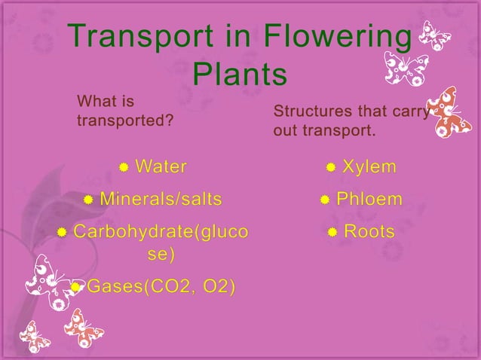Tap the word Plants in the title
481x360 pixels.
click(240, 75)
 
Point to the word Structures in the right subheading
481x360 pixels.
click(310, 111)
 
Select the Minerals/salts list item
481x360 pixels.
click(161, 200)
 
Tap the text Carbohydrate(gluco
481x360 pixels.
click(159, 232)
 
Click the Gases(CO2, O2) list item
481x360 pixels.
click(161, 286)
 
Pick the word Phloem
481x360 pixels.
click(369, 200)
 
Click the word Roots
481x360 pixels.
click(369, 232)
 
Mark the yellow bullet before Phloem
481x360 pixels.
click(324, 200)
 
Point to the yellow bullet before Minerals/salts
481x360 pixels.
click(88, 200)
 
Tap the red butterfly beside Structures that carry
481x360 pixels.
click(449, 111)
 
